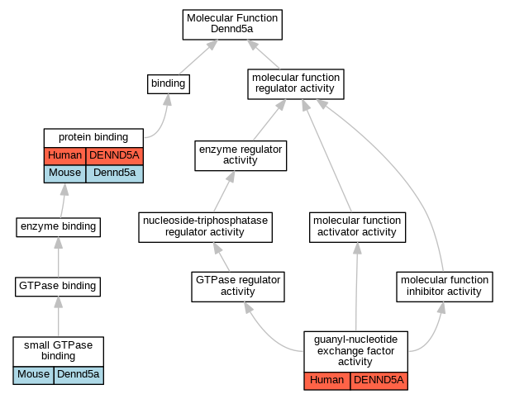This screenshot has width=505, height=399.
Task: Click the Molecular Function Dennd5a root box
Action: (232, 25)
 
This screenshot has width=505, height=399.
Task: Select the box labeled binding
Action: (169, 84)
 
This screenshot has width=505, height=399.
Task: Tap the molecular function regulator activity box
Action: (296, 84)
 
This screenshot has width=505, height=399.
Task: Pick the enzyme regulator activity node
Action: (241, 156)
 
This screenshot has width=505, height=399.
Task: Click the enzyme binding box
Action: (59, 227)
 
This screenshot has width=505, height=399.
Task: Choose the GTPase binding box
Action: (58, 287)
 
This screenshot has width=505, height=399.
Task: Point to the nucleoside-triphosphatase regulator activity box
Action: (205, 227)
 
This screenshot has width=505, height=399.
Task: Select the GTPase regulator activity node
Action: (238, 287)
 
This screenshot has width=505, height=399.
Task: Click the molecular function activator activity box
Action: (357, 227)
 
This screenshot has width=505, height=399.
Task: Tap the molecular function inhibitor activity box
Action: (445, 287)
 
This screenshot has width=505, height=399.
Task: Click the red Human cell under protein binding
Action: (64, 156)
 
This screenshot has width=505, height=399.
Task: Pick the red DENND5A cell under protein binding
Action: (114, 156)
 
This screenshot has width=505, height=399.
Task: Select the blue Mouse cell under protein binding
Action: (64, 173)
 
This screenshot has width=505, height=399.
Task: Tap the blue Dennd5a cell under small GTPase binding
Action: (79, 375)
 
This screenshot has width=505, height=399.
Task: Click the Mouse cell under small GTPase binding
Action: (34, 375)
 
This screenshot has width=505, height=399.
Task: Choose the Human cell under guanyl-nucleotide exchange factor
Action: (327, 381)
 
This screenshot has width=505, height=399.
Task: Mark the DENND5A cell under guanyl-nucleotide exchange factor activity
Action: (379, 381)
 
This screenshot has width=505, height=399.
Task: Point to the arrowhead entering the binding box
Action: (167, 99)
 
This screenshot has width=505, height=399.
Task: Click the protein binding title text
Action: (93, 138)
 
